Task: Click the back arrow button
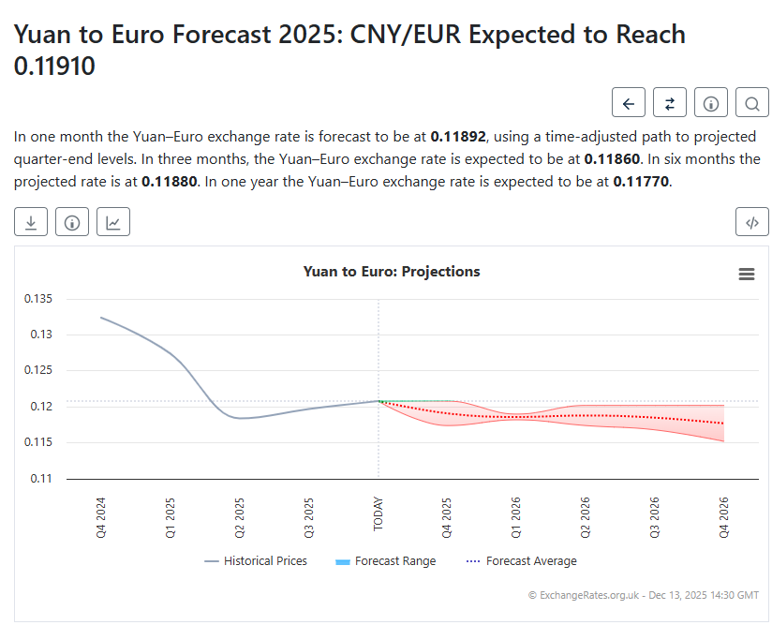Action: click(x=629, y=103)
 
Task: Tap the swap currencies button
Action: click(x=670, y=103)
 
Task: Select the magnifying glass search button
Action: click(x=752, y=103)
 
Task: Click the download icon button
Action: click(x=31, y=222)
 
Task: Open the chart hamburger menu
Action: click(x=747, y=274)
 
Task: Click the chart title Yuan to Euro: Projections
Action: click(x=392, y=272)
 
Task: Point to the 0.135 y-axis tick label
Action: click(x=38, y=299)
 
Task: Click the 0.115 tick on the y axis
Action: click(x=38, y=442)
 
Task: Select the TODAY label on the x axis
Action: click(x=379, y=513)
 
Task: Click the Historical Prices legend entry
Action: click(x=256, y=561)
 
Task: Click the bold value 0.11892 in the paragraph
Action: click(x=458, y=136)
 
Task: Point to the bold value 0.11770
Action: click(x=641, y=181)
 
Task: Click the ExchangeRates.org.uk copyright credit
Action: click(x=644, y=595)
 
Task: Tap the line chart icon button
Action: click(x=112, y=222)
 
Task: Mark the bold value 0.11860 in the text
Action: click(x=612, y=158)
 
